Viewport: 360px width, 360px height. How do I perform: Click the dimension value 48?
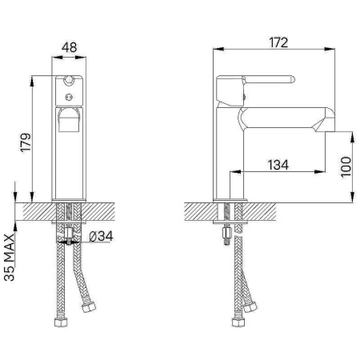point(70,47)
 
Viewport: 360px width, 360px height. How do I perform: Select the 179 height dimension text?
point(26,142)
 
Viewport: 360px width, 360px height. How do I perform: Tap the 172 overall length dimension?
point(278,42)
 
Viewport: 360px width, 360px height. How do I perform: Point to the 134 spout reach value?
point(278,165)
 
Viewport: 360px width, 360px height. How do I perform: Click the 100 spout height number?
point(346,166)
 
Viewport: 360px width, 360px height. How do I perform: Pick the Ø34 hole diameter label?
point(101,236)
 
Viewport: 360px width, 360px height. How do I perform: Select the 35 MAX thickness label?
point(10,258)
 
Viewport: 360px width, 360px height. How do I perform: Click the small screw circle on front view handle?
point(69,98)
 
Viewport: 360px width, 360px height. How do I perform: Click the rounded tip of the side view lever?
point(292,80)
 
